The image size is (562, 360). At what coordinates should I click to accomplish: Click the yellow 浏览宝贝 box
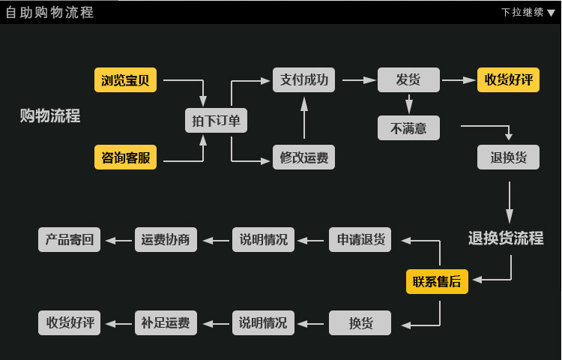click(x=125, y=80)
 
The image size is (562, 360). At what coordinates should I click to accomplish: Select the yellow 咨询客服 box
click(x=125, y=157)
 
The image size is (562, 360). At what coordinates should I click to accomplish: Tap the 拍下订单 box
click(x=216, y=121)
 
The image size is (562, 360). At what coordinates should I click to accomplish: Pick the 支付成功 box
click(x=304, y=80)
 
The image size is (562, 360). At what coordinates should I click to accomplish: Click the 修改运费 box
click(x=304, y=157)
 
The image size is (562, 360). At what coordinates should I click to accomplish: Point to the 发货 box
click(x=408, y=80)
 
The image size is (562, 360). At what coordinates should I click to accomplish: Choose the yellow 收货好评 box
click(x=508, y=80)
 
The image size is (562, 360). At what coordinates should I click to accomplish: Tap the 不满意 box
click(x=408, y=128)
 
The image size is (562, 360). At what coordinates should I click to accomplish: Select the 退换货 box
click(x=508, y=157)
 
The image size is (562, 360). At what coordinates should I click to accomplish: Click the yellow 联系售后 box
click(x=438, y=281)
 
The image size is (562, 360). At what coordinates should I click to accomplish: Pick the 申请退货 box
click(x=360, y=239)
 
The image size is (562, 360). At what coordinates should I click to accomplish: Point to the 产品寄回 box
click(x=69, y=239)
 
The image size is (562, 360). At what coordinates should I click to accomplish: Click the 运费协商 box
click(x=166, y=239)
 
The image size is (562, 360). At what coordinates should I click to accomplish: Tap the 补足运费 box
click(x=166, y=322)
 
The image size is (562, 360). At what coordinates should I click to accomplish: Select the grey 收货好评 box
click(x=69, y=322)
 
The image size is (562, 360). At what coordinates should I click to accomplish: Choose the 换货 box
click(x=360, y=322)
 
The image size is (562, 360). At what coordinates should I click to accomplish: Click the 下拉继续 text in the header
click(x=522, y=13)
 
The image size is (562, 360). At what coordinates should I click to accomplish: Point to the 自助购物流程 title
click(x=49, y=13)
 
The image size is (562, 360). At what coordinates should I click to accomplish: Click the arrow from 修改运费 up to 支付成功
click(x=304, y=118)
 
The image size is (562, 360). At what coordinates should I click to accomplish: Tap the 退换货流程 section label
click(x=506, y=238)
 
